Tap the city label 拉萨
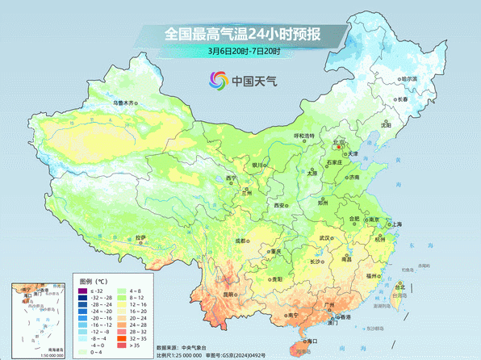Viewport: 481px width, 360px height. pos(142,237)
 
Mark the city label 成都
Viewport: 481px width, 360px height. pos(241,241)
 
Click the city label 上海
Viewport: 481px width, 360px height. pos(397,224)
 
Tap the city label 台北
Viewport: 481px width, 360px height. pos(399,285)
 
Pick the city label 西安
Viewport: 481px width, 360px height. pos(280,207)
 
